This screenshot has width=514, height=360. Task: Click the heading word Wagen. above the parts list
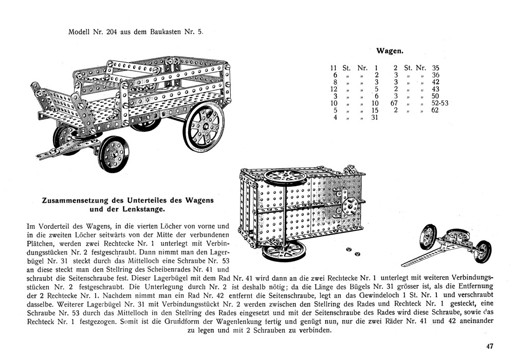click(390, 50)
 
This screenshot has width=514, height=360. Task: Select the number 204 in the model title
click(114, 31)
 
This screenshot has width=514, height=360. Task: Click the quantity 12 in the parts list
click(333, 88)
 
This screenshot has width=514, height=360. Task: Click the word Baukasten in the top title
click(163, 31)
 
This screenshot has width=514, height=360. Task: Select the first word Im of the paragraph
click(29, 226)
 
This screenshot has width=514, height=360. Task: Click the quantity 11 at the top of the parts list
click(333, 67)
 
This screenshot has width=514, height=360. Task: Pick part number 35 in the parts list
click(435, 67)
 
